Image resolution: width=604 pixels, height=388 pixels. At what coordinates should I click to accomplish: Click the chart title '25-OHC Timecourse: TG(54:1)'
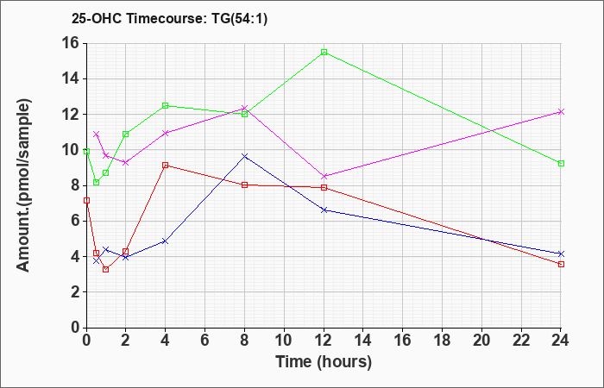(169, 18)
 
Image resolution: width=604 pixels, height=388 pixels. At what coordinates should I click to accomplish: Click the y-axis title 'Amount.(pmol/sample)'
(23, 185)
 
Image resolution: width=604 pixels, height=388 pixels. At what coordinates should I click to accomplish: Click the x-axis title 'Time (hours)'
(324, 362)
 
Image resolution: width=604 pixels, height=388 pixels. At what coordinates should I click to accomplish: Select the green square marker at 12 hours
(324, 52)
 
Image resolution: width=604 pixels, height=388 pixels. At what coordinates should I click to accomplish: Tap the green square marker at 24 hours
(561, 163)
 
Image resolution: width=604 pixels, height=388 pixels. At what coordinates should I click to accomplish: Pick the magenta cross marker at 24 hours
(561, 111)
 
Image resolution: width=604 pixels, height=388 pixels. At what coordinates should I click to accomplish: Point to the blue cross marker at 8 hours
(244, 156)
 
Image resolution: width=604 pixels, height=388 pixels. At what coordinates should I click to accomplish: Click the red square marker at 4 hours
(166, 166)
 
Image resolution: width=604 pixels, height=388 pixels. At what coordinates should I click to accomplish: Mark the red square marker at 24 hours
(561, 264)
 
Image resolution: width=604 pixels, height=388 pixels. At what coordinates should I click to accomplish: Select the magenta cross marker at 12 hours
(324, 176)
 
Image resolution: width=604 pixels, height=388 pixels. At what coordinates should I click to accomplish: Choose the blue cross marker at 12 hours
(324, 210)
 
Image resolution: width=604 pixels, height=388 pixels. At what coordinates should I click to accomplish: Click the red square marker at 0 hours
(86, 200)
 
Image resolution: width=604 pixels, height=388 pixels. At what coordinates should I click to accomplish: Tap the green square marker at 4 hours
(166, 105)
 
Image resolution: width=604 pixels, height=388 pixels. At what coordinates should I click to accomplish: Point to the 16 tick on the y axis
(85, 43)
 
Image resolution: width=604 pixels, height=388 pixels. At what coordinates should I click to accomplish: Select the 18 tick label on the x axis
(443, 341)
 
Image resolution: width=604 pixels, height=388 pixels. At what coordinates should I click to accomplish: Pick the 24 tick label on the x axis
(560, 341)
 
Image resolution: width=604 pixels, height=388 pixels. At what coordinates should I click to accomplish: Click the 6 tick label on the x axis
(205, 341)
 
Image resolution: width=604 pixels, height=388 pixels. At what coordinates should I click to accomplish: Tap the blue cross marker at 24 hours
(561, 253)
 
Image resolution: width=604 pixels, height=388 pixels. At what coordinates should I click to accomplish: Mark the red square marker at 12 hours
(324, 187)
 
